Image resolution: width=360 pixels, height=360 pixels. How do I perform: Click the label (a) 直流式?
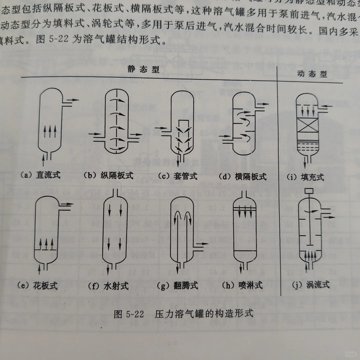click(x=40, y=175)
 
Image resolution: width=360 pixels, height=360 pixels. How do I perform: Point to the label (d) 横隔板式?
click(x=243, y=177)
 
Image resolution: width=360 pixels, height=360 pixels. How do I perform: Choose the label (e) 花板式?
click(x=37, y=285)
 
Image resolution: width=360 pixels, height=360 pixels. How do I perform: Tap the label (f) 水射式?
click(x=108, y=286)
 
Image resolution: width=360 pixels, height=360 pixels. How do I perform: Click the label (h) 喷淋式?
click(x=242, y=285)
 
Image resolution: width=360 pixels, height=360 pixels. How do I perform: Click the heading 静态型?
click(x=143, y=69)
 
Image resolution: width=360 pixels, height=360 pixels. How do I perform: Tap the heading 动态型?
click(x=312, y=74)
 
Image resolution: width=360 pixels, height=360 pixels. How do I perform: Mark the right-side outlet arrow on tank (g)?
click(x=202, y=244)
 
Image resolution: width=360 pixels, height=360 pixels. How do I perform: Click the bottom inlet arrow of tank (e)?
click(x=41, y=267)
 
